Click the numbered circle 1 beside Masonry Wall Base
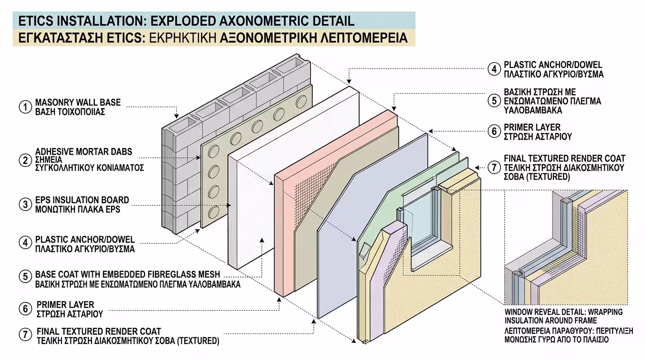point(25,107)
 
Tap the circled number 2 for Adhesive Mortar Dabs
point(25,159)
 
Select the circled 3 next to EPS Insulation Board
point(25,204)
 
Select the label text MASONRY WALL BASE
point(78,102)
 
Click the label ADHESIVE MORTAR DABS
point(84,151)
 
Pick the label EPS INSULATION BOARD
point(82,200)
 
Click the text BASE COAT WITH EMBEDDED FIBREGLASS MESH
point(127,274)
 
